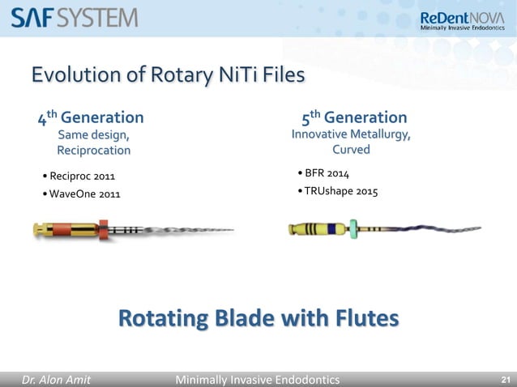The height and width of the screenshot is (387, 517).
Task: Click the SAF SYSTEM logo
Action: pyautogui.click(x=75, y=17)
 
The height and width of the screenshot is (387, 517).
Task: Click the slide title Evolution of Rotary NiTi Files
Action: pyautogui.click(x=168, y=75)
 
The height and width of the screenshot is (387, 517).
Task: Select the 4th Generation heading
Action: pyautogui.click(x=92, y=118)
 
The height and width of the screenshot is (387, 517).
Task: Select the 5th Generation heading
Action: pyautogui.click(x=354, y=118)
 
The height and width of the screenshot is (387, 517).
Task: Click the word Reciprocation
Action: pyautogui.click(x=93, y=150)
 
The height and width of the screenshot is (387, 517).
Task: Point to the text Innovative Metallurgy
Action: pyautogui.click(x=351, y=134)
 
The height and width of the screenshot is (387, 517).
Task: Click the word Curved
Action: pyautogui.click(x=351, y=150)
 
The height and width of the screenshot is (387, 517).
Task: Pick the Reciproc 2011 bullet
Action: pyautogui.click(x=81, y=176)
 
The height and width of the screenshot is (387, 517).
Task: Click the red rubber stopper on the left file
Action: pyautogui.click(x=103, y=230)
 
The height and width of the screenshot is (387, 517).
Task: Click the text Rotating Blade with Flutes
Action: pyautogui.click(x=258, y=318)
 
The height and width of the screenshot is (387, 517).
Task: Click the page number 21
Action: pyautogui.click(x=506, y=379)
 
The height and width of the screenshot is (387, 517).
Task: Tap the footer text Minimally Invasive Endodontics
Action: pyautogui.click(x=258, y=379)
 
